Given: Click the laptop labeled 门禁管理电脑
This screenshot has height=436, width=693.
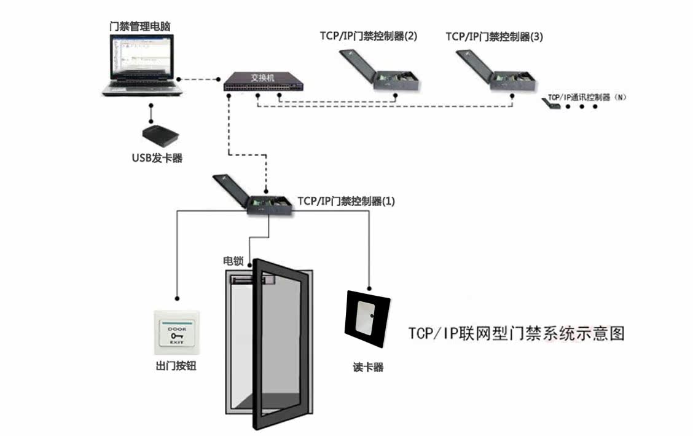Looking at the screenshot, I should (x=143, y=68).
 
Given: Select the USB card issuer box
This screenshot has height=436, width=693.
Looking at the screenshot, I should (x=160, y=134).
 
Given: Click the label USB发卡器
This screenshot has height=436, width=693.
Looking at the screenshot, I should (x=157, y=158).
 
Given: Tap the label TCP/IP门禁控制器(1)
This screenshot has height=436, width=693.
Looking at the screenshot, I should (x=346, y=201).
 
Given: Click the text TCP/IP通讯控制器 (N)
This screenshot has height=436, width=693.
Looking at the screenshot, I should (x=587, y=98).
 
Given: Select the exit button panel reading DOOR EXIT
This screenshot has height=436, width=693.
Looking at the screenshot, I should (x=177, y=335).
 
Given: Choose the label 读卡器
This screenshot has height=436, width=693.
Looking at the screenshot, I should (x=368, y=367).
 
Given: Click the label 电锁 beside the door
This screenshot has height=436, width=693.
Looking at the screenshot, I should (x=232, y=261).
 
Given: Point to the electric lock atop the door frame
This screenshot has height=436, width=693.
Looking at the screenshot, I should (x=252, y=281).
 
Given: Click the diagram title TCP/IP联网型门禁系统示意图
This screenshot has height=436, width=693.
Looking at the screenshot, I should (x=517, y=333).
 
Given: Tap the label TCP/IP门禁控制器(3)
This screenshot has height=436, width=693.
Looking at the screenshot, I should (x=495, y=36).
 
